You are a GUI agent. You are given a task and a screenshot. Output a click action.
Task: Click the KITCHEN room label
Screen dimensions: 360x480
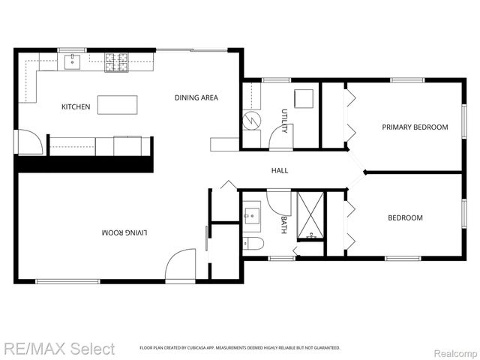coord(76,107)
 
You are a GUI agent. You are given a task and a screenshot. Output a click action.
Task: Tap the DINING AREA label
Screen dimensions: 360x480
coord(196,97)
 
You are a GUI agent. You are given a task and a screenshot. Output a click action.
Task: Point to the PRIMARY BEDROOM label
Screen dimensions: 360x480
coord(415,127)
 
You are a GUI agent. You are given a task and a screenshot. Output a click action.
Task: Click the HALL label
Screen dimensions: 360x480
coord(279,171)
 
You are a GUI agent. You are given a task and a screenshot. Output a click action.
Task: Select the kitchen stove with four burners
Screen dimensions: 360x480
coord(116,61)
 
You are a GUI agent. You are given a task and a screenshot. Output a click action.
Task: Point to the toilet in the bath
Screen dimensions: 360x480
coord(252,242)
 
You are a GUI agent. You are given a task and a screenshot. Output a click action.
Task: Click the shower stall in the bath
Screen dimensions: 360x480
coord(309,216)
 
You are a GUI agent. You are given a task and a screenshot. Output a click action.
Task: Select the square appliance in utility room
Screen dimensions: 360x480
coord(303,99)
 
